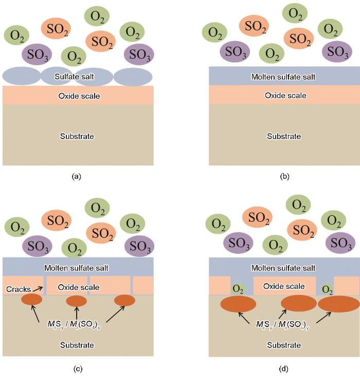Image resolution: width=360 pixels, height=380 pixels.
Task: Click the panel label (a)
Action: (76, 177)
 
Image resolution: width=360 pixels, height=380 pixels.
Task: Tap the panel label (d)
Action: (283, 369)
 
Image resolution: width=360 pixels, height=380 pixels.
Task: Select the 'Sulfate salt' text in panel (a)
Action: (74, 77)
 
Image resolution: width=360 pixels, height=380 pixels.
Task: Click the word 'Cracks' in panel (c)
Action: (19, 289)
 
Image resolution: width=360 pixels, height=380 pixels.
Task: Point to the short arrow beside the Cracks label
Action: (38, 289)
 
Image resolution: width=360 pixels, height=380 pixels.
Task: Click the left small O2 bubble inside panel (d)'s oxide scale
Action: (238, 289)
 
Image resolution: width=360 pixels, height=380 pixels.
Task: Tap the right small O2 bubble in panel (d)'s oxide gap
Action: (327, 289)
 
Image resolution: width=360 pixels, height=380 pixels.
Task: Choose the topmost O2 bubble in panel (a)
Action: (97, 16)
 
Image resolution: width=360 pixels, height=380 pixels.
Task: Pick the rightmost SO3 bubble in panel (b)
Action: (337, 51)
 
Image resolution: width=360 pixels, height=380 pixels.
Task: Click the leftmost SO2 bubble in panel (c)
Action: (56, 220)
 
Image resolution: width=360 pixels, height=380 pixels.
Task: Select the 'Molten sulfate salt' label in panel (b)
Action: (283, 77)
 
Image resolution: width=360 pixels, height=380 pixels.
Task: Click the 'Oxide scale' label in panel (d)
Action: (284, 286)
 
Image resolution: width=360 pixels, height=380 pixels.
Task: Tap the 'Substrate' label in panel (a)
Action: (77, 136)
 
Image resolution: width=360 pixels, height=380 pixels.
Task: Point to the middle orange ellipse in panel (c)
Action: (76, 301)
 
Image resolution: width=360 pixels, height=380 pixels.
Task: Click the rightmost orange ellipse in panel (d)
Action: (339, 304)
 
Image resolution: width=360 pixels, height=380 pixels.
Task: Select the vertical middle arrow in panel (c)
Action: (77, 314)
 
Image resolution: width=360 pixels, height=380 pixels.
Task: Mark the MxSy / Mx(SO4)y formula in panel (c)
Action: (74, 324)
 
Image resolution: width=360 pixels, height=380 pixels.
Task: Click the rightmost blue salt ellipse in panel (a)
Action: (133, 77)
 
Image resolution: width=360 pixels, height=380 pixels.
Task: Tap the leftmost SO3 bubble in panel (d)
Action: (238, 243)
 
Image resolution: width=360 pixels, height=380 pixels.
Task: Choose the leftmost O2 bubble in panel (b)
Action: (214, 32)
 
